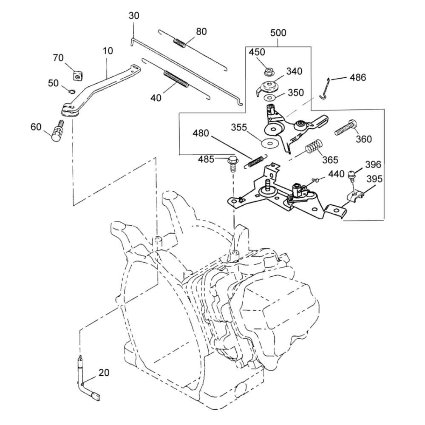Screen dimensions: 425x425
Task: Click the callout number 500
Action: (x=278, y=33)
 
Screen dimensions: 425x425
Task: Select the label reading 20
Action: (x=104, y=373)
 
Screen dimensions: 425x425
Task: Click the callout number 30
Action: (x=134, y=16)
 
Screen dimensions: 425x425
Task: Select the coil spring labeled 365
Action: (x=314, y=148)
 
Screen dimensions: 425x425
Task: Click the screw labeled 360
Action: (x=346, y=127)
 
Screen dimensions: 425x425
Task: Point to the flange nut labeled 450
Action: (x=268, y=70)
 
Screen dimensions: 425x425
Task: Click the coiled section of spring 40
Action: (x=176, y=79)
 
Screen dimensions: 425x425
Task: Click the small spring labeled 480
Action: (x=256, y=161)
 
